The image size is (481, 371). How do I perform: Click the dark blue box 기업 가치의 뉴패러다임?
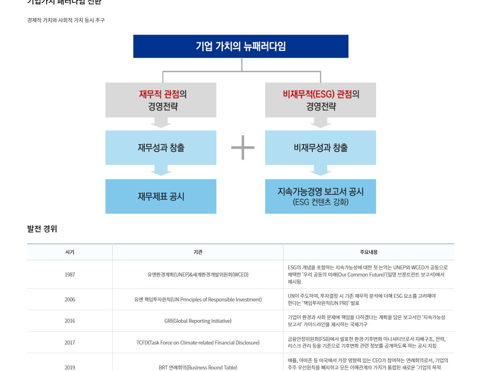(241, 46)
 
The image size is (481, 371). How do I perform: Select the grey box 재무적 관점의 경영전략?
(161, 100)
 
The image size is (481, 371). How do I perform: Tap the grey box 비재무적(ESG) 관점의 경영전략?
(321, 100)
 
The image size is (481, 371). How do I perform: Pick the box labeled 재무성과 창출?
(161, 148)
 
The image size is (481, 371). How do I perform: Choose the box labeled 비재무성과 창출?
(321, 148)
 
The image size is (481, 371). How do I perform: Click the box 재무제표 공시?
(161, 196)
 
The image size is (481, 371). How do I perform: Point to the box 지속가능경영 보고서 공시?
(321, 196)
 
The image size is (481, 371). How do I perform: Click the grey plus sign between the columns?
(243, 148)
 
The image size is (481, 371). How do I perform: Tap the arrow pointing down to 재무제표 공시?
(161, 171)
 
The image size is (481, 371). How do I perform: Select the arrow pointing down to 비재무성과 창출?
(321, 123)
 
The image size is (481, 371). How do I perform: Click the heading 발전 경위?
(42, 229)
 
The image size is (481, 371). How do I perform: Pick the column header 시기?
(70, 252)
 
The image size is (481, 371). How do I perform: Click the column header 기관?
(198, 252)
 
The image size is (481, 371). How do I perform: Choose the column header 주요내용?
(368, 252)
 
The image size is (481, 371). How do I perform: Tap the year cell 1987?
(70, 274)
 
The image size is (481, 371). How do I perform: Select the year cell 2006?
(70, 299)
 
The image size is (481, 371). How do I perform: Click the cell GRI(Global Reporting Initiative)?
(198, 321)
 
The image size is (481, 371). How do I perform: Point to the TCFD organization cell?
(198, 343)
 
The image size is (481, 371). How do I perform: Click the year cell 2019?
(70, 367)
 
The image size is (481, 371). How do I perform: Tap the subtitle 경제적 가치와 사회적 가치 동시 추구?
(66, 20)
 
